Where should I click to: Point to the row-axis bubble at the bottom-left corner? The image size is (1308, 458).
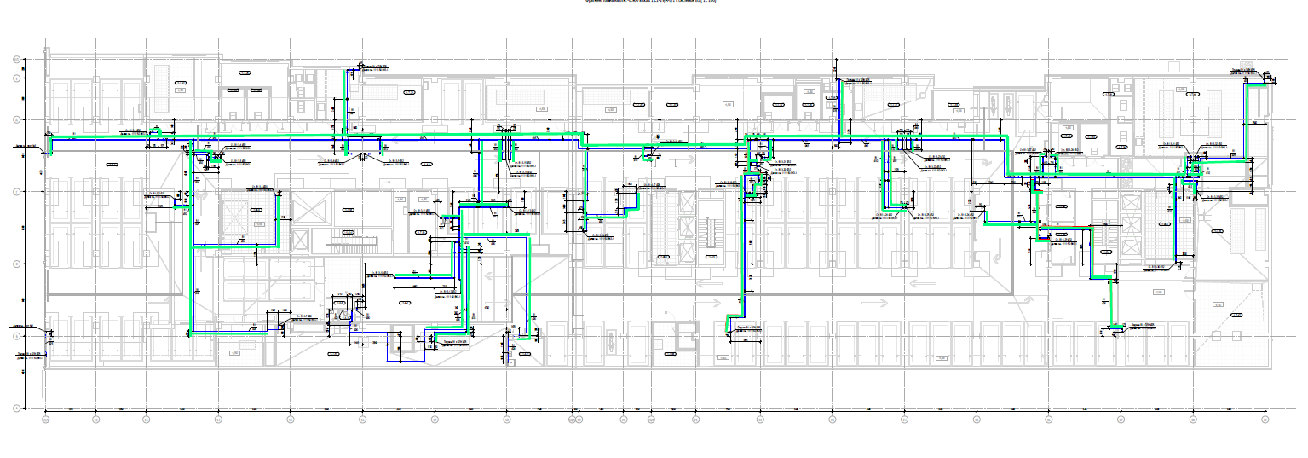pyautogui.click(x=16, y=408)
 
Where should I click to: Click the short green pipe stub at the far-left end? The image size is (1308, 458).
pyautogui.click(x=49, y=147)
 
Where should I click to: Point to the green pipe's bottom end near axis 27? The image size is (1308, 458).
pyautogui.click(x=1113, y=327)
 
